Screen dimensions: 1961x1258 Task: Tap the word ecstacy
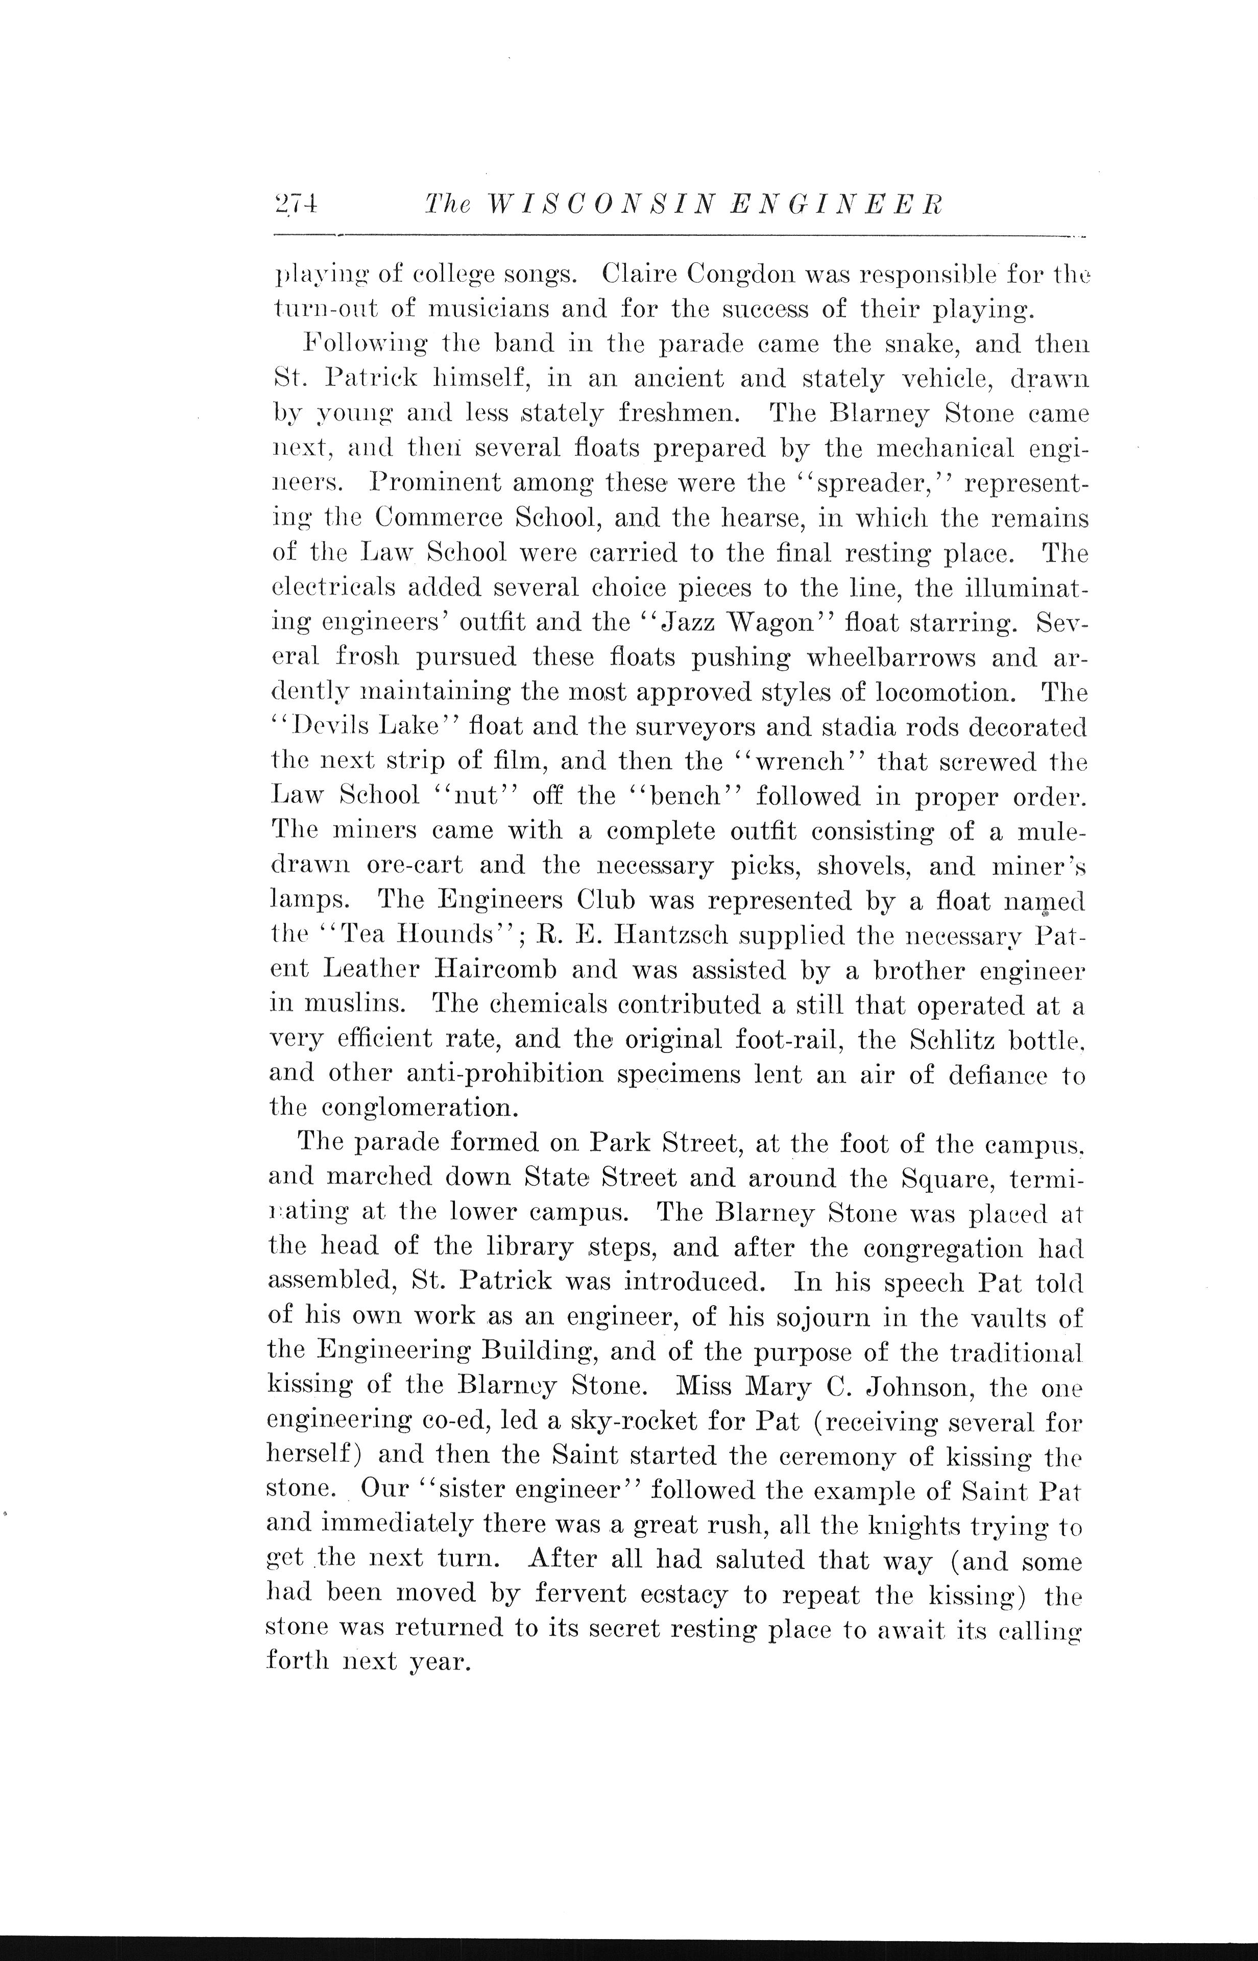tap(676, 1595)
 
